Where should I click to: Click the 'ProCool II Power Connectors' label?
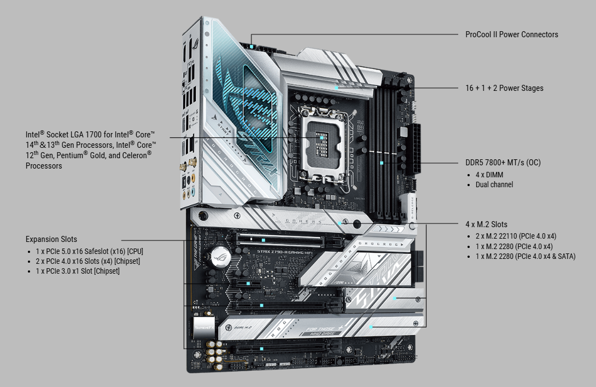coord(512,34)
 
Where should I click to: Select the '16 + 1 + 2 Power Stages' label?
coord(504,88)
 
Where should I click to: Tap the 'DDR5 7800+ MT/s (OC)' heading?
coord(503,163)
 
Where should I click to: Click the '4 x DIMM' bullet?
coord(489,175)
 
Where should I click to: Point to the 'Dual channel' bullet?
coord(494,184)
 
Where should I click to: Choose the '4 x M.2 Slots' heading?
coord(487,224)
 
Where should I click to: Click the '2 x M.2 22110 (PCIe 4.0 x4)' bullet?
coord(516,236)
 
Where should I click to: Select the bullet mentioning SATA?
coord(525,257)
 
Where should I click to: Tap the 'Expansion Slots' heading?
coord(51,239)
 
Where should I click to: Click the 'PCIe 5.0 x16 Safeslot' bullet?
coord(89,252)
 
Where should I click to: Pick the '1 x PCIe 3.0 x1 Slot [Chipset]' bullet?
coord(78,272)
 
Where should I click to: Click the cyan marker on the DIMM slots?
coord(382,163)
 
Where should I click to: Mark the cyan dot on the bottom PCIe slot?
coord(261,349)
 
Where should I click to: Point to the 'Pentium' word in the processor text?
coord(72,155)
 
